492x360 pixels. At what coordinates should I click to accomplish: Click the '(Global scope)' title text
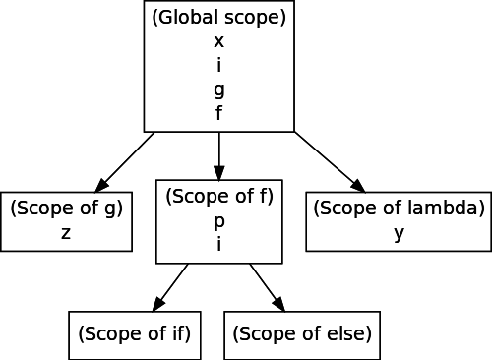(219, 18)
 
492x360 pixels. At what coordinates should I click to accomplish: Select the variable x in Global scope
(219, 41)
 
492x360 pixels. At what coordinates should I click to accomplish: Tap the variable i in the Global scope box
(219, 64)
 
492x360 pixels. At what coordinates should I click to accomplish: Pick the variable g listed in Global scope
(219, 90)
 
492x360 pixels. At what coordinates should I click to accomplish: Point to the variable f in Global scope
(219, 112)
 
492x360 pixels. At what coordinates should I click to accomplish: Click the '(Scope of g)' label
(67, 209)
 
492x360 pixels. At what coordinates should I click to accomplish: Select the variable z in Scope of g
(66, 233)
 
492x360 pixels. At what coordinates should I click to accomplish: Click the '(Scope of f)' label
(219, 196)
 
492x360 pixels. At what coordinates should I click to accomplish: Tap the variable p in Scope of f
(219, 222)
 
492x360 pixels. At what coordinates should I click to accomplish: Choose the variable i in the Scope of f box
(219, 243)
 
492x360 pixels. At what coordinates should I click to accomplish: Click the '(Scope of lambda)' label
(399, 209)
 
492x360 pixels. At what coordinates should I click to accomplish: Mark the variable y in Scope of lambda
(399, 234)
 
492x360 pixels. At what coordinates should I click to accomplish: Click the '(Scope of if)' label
(135, 333)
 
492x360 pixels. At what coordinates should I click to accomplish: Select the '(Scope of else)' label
(302, 333)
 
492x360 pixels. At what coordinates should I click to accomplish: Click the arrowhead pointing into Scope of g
(101, 185)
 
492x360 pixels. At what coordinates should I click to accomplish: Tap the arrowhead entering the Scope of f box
(219, 173)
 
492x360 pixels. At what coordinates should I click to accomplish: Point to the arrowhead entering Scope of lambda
(358, 186)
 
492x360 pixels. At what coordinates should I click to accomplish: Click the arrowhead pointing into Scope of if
(159, 304)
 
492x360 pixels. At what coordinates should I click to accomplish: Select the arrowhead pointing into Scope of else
(278, 304)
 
